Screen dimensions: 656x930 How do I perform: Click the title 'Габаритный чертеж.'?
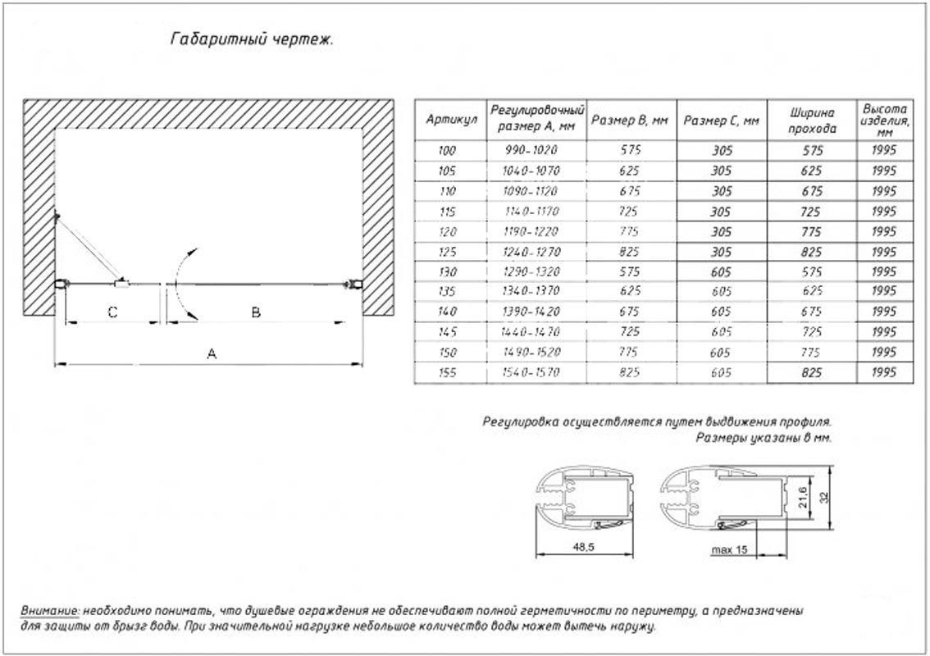pyautogui.click(x=251, y=39)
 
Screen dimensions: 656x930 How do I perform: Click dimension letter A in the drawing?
pyautogui.click(x=212, y=353)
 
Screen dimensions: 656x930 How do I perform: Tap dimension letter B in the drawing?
pyautogui.click(x=256, y=312)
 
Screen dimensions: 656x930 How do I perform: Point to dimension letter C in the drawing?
pyautogui.click(x=113, y=312)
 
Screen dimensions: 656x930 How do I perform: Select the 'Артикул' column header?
pyautogui.click(x=446, y=120)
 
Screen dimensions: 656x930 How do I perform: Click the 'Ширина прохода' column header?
pyautogui.click(x=813, y=120)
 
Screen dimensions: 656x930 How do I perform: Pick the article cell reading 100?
pyautogui.click(x=446, y=151)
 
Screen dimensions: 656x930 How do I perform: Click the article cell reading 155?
pyautogui.click(x=446, y=372)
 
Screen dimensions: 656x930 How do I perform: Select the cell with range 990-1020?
pyautogui.click(x=532, y=151)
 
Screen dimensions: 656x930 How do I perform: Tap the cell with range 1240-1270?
pyautogui.click(x=532, y=252)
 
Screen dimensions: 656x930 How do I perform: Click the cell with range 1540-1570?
pyautogui.click(x=532, y=372)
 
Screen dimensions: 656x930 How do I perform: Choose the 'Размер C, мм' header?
pyautogui.click(x=722, y=120)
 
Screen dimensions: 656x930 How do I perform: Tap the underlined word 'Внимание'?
pyautogui.click(x=50, y=611)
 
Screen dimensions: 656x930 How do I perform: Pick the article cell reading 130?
pyautogui.click(x=446, y=271)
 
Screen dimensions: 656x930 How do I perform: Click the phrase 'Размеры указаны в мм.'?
pyautogui.click(x=764, y=438)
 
